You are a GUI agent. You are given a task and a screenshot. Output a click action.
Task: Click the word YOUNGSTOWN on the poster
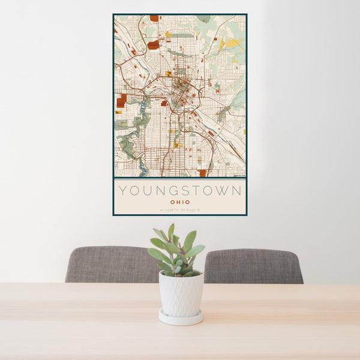180,191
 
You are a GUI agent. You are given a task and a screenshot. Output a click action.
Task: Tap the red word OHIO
180,202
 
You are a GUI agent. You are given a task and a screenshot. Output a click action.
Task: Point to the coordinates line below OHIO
180,209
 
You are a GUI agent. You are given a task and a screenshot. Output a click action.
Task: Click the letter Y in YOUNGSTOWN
122,191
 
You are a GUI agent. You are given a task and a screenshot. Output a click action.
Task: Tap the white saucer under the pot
181,318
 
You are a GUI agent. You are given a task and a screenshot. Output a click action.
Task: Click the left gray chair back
112,264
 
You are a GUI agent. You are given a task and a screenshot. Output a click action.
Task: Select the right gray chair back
253,266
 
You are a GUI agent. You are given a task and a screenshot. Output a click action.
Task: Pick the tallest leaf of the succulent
171,231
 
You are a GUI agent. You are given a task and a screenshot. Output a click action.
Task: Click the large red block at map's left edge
122,99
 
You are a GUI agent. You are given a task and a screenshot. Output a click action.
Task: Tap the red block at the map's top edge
154,19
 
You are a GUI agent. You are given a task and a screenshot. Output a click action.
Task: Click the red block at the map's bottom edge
202,173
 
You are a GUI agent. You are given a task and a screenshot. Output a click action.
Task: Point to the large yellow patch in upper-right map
232,43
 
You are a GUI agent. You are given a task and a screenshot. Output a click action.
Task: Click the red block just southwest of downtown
163,103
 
